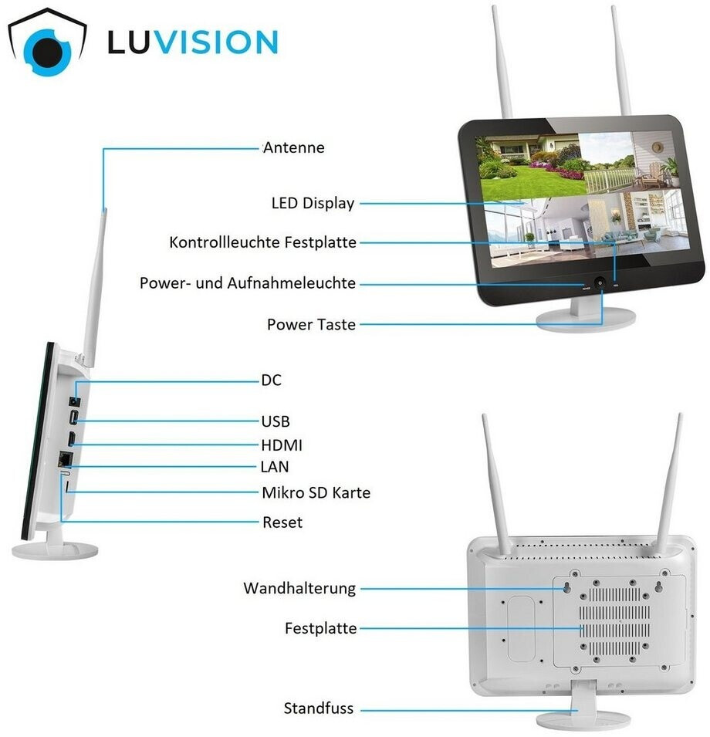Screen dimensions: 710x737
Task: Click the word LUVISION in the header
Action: pos(192,42)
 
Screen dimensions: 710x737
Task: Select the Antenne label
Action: pos(293,147)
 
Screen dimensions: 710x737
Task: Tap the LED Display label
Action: pos(313,204)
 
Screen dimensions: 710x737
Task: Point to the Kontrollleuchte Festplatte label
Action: pos(262,243)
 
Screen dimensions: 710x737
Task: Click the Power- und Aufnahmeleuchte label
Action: pos(247,283)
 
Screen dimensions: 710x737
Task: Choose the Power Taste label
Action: pos(311,324)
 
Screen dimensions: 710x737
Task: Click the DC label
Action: pos(272,380)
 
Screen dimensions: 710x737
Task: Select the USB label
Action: pos(276,421)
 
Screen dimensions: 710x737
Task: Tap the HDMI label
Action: pos(282,445)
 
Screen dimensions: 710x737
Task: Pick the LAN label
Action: pos(276,467)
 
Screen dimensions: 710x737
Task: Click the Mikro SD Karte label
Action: pos(316,492)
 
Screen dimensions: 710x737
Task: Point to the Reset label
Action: pos(282,522)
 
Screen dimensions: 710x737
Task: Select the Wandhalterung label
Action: pos(299,589)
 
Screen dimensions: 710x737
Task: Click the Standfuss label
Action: pos(318,708)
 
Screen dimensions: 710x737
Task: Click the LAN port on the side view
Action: pos(67,458)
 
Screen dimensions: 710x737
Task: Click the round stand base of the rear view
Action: pos(572,720)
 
